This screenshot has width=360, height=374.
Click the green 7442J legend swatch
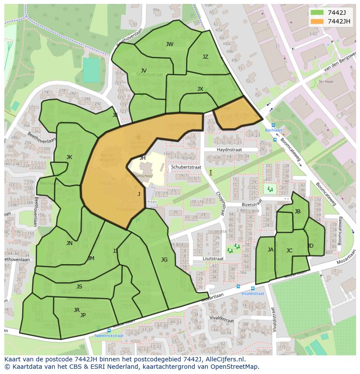point(317,13)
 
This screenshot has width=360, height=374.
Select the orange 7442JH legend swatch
point(317,21)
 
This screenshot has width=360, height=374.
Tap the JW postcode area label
point(170,44)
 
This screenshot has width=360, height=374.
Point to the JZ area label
point(205,57)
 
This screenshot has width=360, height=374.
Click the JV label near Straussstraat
point(143,71)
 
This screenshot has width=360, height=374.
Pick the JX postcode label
point(200,89)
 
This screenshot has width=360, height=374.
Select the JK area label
point(69,157)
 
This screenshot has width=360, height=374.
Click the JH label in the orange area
point(143,158)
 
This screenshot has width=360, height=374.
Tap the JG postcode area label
point(164,260)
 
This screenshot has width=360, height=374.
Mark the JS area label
point(79,287)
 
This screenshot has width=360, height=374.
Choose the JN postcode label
point(69,243)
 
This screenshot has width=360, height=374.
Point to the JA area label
point(270,250)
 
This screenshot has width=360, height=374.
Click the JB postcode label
point(297,212)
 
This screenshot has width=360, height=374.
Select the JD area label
point(310,246)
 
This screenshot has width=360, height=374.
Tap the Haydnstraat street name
point(229,149)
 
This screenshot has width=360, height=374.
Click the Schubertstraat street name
point(186,167)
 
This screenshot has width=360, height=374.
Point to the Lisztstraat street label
point(213,258)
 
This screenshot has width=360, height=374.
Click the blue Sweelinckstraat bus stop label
point(109,336)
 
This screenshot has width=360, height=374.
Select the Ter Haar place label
point(325,81)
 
